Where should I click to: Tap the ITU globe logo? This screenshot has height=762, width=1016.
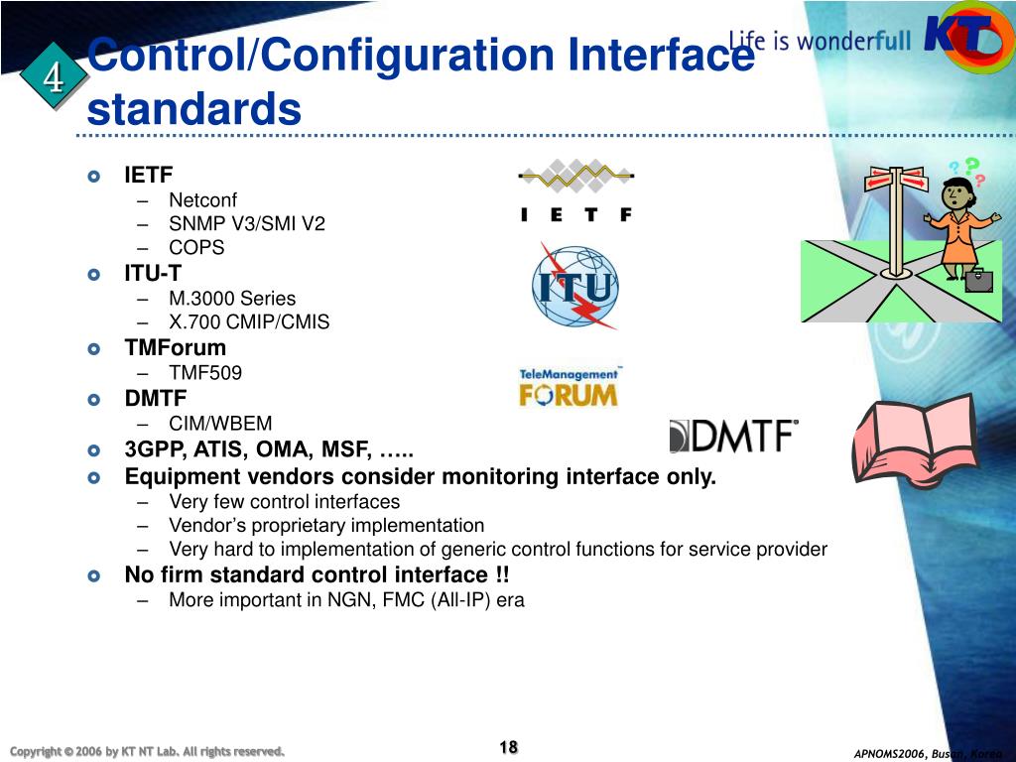point(573,287)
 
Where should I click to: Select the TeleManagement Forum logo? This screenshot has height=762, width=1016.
point(569,387)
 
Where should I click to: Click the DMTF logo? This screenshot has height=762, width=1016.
point(734,436)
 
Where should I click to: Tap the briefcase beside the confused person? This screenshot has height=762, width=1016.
point(979,279)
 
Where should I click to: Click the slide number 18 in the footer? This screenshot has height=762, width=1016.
point(508,747)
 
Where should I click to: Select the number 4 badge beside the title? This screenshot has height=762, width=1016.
point(53,77)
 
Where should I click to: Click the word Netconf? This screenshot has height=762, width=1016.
point(202,199)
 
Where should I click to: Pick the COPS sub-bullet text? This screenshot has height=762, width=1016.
point(196,248)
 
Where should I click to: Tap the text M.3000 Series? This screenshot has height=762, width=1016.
point(232,298)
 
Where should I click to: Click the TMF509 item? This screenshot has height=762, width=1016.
point(205,373)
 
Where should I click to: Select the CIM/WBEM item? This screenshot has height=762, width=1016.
point(220,424)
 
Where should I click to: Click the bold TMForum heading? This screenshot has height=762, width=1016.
point(175,348)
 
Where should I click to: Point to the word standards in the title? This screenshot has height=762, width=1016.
point(193,109)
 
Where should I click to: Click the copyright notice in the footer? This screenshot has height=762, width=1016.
point(146,750)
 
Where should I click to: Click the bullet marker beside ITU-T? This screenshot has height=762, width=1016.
point(94,274)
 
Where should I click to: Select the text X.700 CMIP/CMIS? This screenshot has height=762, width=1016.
point(249,322)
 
